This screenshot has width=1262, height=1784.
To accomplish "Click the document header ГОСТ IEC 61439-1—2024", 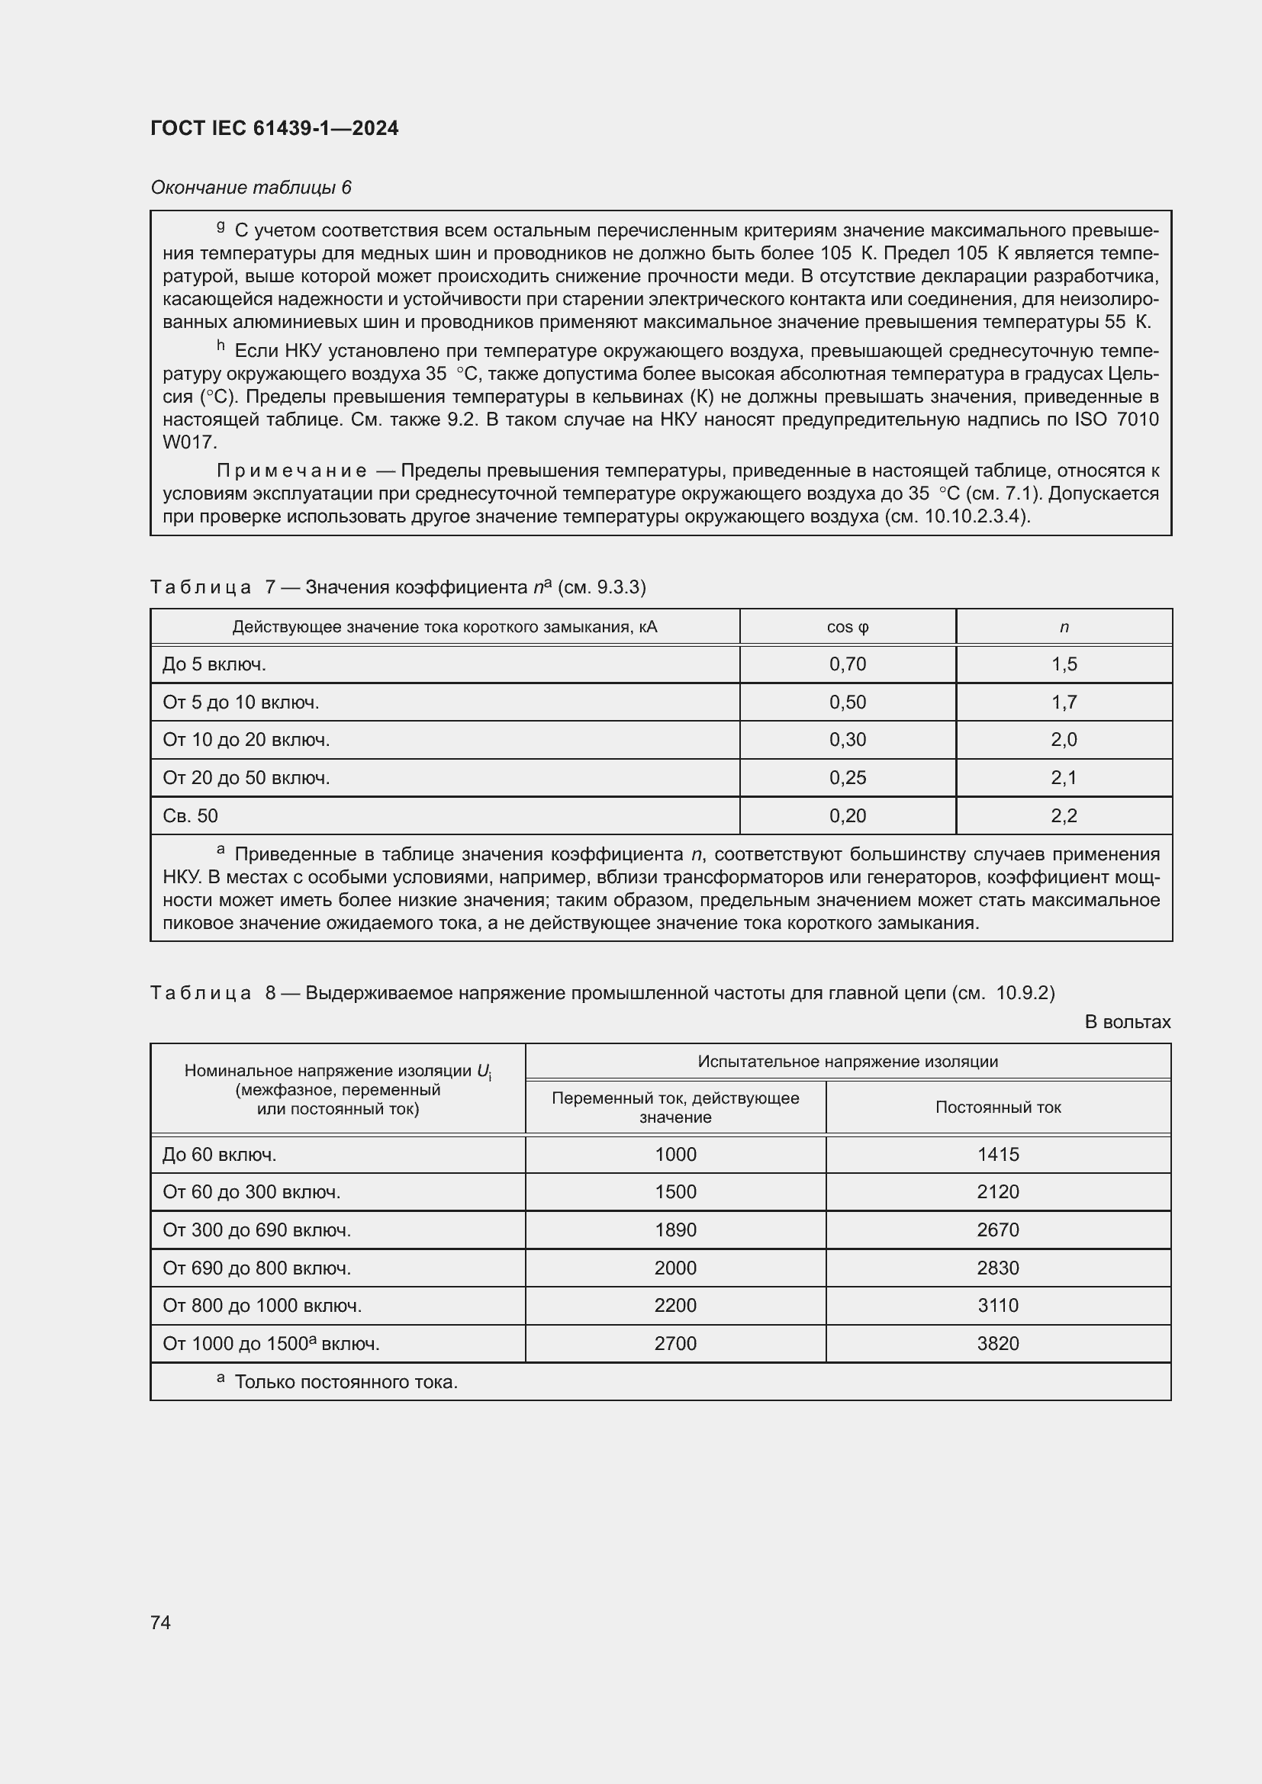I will (275, 128).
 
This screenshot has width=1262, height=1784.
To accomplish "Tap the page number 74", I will (161, 1622).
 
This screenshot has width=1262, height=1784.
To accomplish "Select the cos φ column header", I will (847, 627).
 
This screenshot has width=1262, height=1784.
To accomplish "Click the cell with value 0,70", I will (847, 664).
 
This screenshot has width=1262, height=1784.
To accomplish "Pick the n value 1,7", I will (1063, 702).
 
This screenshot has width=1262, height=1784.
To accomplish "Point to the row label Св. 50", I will (191, 816).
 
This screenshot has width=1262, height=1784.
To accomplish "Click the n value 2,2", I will (1063, 816).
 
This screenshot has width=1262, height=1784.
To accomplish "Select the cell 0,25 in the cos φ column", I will (847, 778).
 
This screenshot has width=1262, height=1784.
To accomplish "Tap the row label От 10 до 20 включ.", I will (246, 740).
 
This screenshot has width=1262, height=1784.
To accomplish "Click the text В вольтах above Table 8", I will (1127, 1022).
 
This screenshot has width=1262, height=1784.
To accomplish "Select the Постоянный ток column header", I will (998, 1107).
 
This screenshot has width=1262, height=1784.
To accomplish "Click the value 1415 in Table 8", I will (998, 1155).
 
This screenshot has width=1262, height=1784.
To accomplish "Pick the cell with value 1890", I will (675, 1230).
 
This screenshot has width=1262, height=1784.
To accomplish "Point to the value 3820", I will (998, 1343).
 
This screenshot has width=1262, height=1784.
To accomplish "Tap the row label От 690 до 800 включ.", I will (256, 1268).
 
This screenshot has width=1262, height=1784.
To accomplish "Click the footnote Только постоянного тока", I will (346, 1382).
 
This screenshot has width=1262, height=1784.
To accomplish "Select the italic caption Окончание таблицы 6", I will (251, 188).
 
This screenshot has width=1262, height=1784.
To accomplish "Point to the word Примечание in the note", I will (291, 471).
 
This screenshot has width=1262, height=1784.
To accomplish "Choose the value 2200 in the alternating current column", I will (675, 1305).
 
